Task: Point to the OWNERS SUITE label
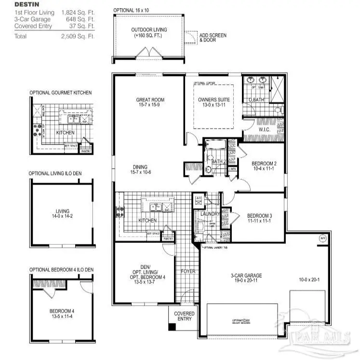(x=214, y=100)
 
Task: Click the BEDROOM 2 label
(x=264, y=163)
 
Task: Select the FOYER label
(x=187, y=271)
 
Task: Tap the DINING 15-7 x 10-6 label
(x=141, y=169)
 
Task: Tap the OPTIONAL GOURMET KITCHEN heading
(x=60, y=93)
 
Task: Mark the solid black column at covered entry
(x=171, y=327)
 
